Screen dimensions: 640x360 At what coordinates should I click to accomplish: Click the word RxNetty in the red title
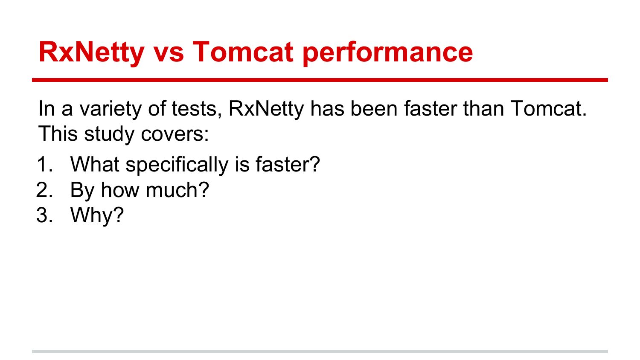pos(91,52)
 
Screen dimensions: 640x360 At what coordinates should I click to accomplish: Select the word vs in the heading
pos(169,54)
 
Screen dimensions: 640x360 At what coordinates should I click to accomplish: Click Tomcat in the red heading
pos(243,52)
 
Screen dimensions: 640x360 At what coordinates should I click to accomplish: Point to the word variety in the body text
pos(110,110)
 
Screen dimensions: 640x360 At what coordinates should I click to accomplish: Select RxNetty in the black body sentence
pos(266,110)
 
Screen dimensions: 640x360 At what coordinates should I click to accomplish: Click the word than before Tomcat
pos(483,109)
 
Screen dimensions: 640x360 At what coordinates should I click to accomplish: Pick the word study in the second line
pos(109,134)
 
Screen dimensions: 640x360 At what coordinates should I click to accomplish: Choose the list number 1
pos(45,165)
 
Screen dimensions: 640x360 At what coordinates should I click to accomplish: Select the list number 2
pos(45,190)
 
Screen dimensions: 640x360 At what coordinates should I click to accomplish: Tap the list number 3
pos(45,215)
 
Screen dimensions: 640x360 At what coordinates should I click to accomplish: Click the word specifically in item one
pos(177,165)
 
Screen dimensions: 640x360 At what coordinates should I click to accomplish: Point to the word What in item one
pos(95,164)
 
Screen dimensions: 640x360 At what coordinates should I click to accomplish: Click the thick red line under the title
pos(320,80)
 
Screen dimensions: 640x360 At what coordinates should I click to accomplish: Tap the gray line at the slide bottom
pos(320,351)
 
